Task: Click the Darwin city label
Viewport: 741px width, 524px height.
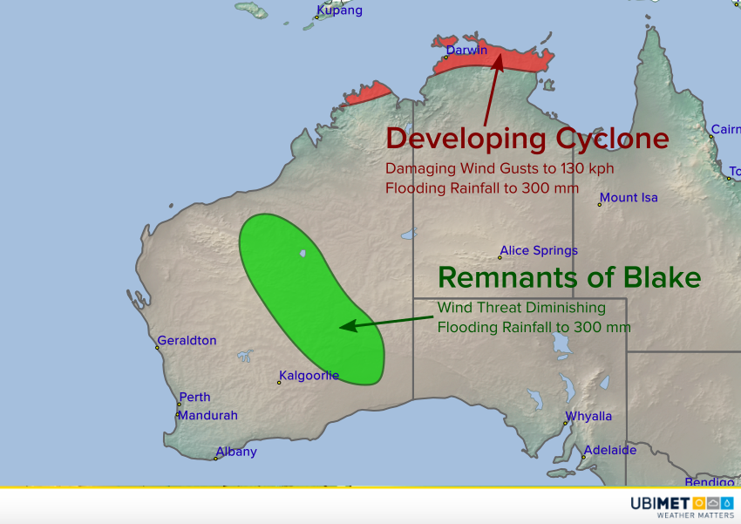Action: pos(466,50)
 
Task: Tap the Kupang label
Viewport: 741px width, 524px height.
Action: pos(339,10)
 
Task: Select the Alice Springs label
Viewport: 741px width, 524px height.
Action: pos(539,250)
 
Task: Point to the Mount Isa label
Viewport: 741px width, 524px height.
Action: pos(629,198)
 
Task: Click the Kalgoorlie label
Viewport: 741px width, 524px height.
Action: pos(309,376)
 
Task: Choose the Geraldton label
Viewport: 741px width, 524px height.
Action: pos(187,341)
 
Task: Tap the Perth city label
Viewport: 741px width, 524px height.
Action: pos(194,397)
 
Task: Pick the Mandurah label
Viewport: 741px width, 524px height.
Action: pos(207,415)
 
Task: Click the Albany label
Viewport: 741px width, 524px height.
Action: pos(236,453)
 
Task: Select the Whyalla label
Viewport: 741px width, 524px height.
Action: pos(588,416)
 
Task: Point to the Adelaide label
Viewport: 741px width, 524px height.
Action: pos(610,450)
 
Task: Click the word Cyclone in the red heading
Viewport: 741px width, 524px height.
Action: pos(612,140)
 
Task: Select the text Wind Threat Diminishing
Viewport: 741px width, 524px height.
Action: pos(521,308)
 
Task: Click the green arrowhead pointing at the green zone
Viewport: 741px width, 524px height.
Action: pos(348,326)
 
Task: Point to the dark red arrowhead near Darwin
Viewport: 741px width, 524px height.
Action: pos(498,63)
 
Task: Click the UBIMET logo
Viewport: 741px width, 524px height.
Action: pos(682,507)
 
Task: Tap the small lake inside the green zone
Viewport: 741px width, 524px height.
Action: pos(303,254)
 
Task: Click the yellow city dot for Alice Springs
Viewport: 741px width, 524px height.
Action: pos(500,257)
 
